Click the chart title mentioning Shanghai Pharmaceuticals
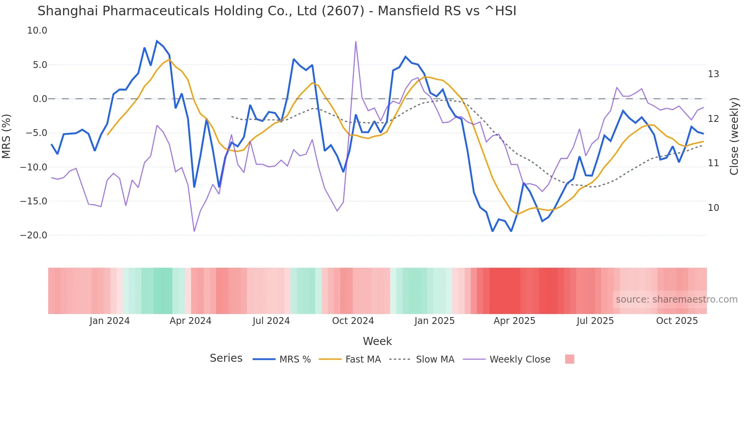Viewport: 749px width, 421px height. (x=277, y=11)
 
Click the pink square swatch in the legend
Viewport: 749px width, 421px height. (x=569, y=359)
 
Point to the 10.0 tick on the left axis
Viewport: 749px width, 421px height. (x=37, y=31)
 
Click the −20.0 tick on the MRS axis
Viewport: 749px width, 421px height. (x=34, y=235)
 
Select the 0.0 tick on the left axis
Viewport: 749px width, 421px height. (x=40, y=99)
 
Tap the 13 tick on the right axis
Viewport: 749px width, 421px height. (x=713, y=74)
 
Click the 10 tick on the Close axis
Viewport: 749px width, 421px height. (x=713, y=208)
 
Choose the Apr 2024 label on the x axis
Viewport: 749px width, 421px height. (x=190, y=321)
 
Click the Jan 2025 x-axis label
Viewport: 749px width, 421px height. (x=434, y=321)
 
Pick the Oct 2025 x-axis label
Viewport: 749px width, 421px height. (x=677, y=321)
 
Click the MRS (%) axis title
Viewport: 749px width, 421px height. (x=6, y=136)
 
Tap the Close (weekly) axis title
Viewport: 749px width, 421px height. (x=734, y=136)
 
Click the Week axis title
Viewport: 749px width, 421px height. (x=377, y=341)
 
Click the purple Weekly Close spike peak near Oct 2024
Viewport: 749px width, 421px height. (x=356, y=42)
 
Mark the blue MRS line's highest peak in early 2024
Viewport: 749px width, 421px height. (x=157, y=41)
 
